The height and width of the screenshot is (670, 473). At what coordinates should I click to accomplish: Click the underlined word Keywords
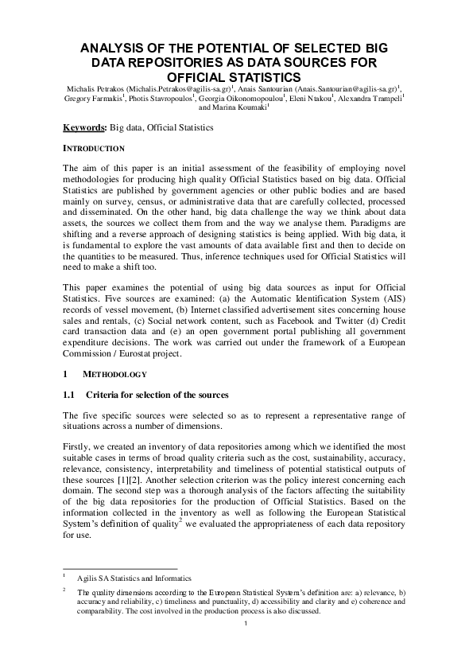coord(84,127)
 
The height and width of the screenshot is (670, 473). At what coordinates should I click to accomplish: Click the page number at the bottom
coord(247,633)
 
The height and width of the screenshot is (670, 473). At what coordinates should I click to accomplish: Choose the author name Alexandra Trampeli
coord(374,100)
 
